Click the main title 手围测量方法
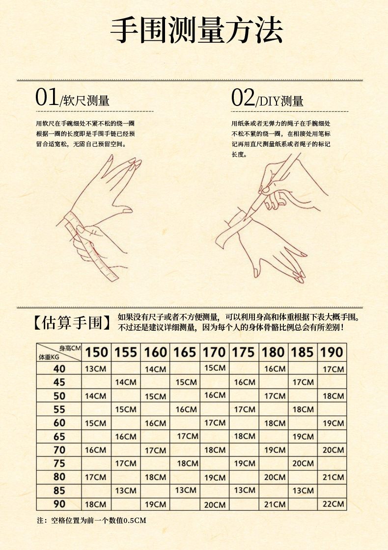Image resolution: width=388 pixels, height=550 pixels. coord(196,30)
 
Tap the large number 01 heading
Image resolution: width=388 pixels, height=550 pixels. coord(47,97)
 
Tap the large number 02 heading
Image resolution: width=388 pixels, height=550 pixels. coord(243,98)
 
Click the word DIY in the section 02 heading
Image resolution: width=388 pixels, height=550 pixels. coord(269,102)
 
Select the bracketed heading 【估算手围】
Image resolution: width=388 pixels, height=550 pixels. coord(72,322)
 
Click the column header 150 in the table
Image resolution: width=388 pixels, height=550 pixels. coord(97,352)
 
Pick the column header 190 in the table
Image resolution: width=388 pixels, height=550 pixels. coord(332,352)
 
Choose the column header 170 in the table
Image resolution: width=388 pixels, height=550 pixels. coord(214,352)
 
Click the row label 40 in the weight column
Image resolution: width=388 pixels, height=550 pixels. coord(59,368)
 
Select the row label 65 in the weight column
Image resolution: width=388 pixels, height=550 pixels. coord(59,437)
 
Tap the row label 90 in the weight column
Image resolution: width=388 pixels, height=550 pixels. coord(59,504)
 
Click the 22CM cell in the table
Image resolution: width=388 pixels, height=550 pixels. coord(333,504)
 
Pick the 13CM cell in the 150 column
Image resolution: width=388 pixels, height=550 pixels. coord(95,368)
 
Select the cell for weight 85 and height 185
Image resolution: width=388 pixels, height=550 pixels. coord(303,490)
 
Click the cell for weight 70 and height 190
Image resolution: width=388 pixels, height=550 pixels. coord(333,450)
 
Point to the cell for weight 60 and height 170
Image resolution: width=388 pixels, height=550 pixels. coord(215,422)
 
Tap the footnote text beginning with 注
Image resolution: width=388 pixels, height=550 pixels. coord(91,521)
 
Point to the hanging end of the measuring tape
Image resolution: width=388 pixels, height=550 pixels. coord(113,277)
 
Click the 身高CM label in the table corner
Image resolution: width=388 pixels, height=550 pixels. coord(70,348)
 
